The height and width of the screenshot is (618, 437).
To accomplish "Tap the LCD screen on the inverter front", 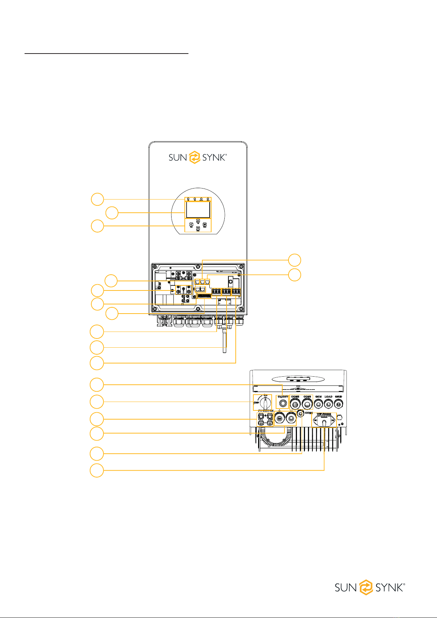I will coord(198,209).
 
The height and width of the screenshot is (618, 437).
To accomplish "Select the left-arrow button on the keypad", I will coord(191,225).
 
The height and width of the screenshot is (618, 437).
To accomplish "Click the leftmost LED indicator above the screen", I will coord(188,199).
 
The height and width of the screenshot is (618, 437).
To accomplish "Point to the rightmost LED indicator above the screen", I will coord(208,199).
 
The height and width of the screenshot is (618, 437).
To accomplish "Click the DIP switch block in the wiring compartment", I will coord(204,295).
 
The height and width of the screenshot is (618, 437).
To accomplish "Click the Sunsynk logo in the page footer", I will coord(370,587).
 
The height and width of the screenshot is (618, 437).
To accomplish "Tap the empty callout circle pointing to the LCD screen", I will coord(112,213).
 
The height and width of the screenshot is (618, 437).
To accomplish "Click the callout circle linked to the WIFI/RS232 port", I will coord(97,470).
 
